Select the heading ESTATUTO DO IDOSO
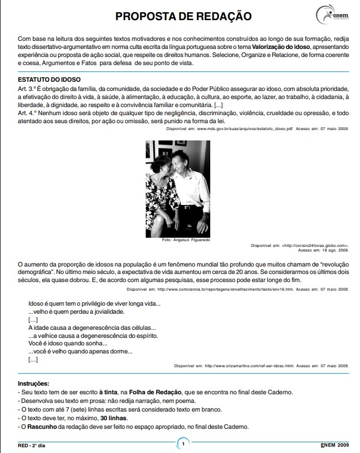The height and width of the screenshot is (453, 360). pos(49,79)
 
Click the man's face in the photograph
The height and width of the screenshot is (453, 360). pos(185,159)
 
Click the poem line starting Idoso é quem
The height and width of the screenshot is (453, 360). pos(94,303)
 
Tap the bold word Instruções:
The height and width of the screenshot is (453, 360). pos(33,383)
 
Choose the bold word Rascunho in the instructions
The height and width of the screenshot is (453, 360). pos(41,427)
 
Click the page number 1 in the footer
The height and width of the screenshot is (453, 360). pos(183,444)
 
